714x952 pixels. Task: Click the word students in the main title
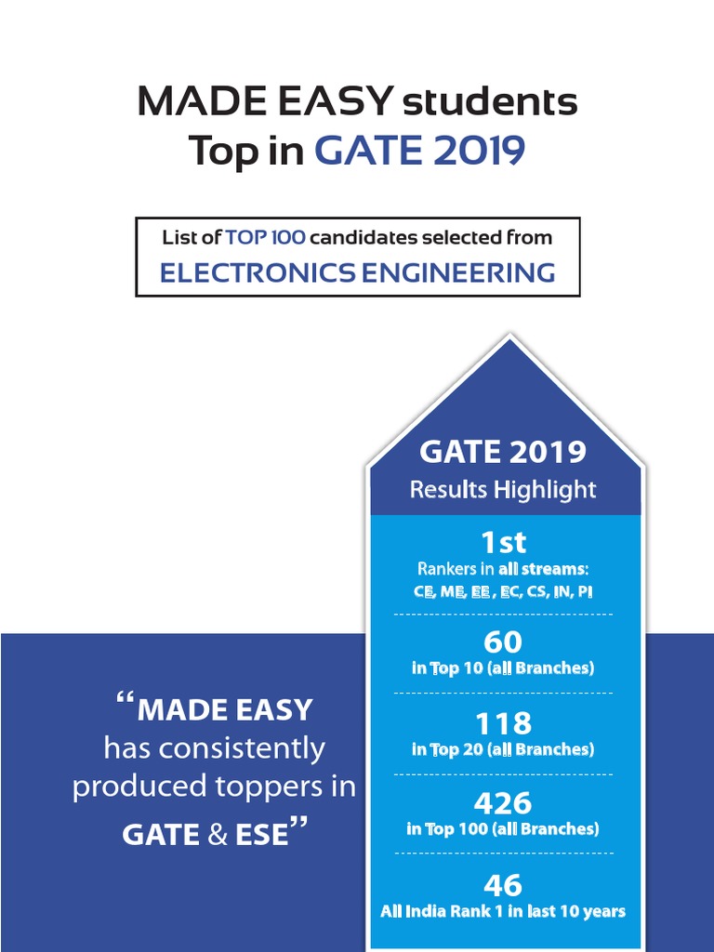click(x=489, y=102)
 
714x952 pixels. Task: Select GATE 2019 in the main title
click(x=419, y=151)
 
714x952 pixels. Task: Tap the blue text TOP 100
click(x=265, y=237)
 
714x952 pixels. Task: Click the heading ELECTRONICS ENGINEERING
click(x=357, y=272)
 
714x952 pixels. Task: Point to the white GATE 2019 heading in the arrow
click(x=503, y=452)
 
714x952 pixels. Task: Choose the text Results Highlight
click(x=503, y=489)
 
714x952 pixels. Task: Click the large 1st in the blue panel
click(x=503, y=542)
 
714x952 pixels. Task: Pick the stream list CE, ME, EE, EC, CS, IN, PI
click(x=503, y=591)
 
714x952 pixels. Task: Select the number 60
click(x=503, y=642)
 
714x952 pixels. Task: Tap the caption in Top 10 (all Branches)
click(x=503, y=668)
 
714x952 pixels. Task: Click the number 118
click(x=503, y=723)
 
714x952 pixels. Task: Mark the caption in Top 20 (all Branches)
click(x=503, y=748)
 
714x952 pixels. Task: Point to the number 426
click(x=503, y=803)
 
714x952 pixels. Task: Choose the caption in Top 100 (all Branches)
click(x=503, y=828)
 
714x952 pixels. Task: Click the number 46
click(x=503, y=884)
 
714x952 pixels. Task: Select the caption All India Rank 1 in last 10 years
click(x=503, y=911)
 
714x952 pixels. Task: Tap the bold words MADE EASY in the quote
click(x=225, y=710)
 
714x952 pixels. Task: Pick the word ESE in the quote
click(x=263, y=834)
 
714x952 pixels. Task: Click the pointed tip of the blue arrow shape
click(x=509, y=338)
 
